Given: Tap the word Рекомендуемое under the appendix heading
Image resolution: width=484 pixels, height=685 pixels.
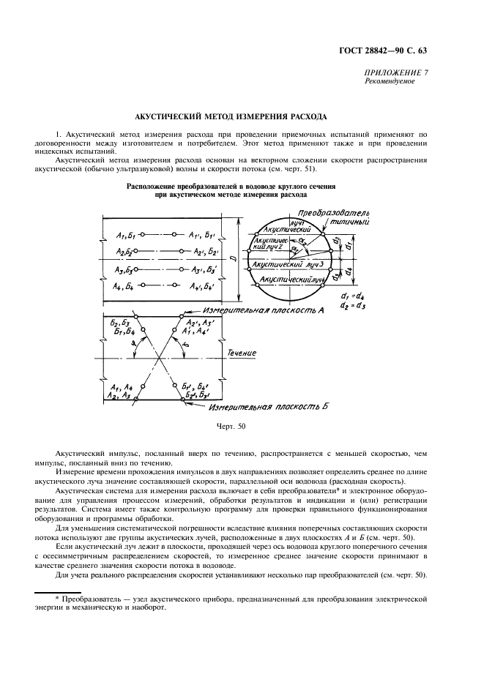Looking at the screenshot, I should click(x=390, y=81).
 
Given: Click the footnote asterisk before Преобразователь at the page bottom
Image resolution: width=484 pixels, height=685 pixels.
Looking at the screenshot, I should click(x=56, y=599).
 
